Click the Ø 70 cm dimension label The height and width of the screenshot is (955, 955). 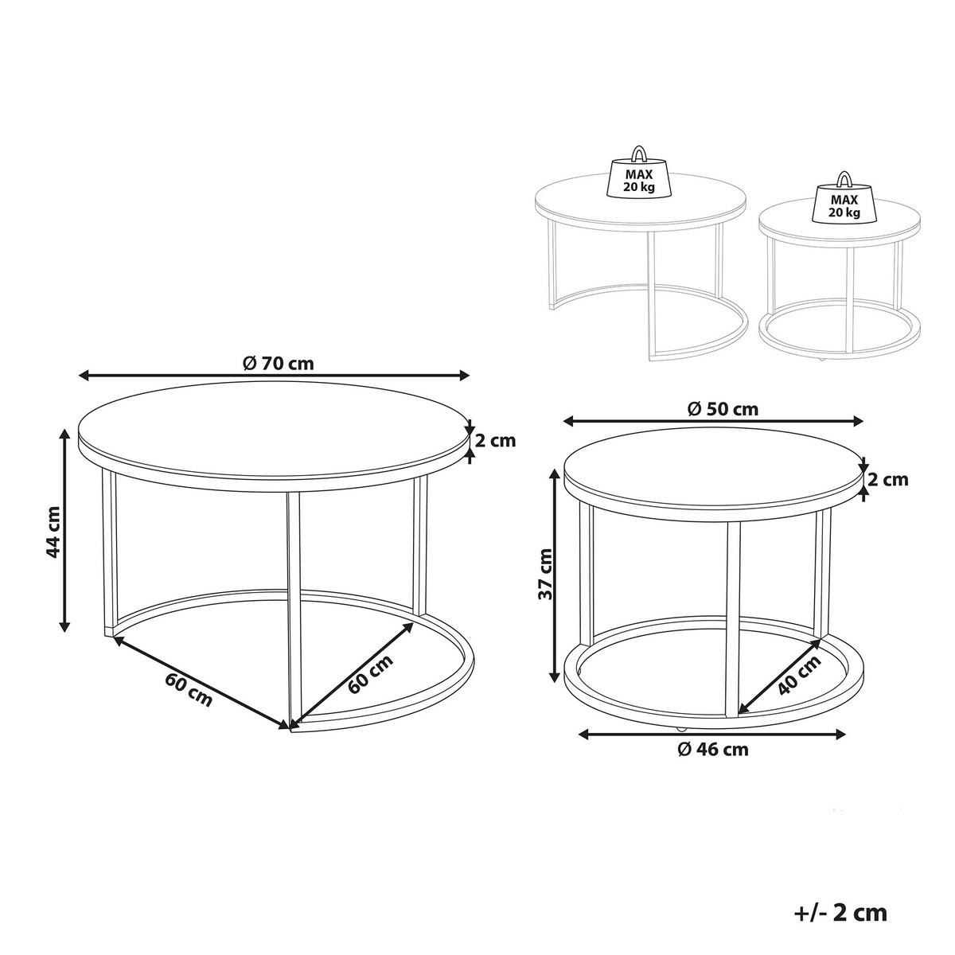tap(277, 363)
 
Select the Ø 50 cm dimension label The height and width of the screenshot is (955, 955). tap(722, 409)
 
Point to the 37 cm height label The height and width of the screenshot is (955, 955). tap(544, 574)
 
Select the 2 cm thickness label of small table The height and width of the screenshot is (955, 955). tap(887, 480)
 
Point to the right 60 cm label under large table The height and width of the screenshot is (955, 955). tap(370, 675)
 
